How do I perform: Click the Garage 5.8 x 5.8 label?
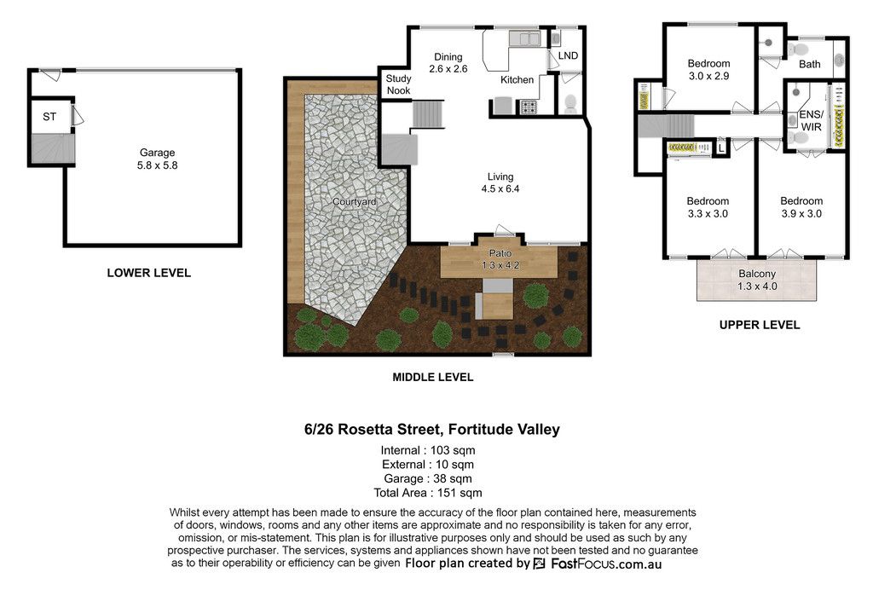tap(158, 159)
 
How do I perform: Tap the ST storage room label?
tap(49, 117)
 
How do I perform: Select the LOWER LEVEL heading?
tap(148, 273)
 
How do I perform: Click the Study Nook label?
tap(399, 84)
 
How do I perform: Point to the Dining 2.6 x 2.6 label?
tap(448, 63)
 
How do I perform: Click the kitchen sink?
tap(524, 38)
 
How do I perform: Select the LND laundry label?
tap(568, 55)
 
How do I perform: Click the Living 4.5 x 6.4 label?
tap(500, 182)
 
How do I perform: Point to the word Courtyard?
tap(354, 201)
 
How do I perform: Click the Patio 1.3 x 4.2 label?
tap(500, 259)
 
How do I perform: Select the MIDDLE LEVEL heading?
tap(432, 377)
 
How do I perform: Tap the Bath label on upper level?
tap(810, 64)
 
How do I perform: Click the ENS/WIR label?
tap(811, 121)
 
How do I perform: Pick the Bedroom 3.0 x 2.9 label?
tap(708, 70)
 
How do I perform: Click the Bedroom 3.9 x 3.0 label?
tap(801, 207)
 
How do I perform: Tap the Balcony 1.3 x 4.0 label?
tap(757, 280)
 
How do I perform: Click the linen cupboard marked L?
tap(721, 148)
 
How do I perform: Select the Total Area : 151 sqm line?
tap(428, 493)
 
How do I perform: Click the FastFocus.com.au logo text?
tap(606, 564)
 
